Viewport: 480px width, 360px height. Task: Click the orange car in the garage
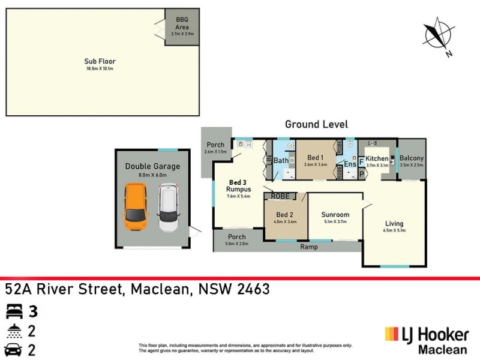136,208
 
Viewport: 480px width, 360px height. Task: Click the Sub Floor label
100,61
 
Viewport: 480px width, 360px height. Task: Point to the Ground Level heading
316,124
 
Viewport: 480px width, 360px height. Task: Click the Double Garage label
152,166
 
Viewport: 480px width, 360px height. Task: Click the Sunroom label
335,214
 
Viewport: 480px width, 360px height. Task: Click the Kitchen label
377,158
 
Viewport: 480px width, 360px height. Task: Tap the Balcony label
412,158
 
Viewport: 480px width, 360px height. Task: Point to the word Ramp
309,247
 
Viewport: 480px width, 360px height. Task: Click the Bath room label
281,161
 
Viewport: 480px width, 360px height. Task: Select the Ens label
350,164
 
